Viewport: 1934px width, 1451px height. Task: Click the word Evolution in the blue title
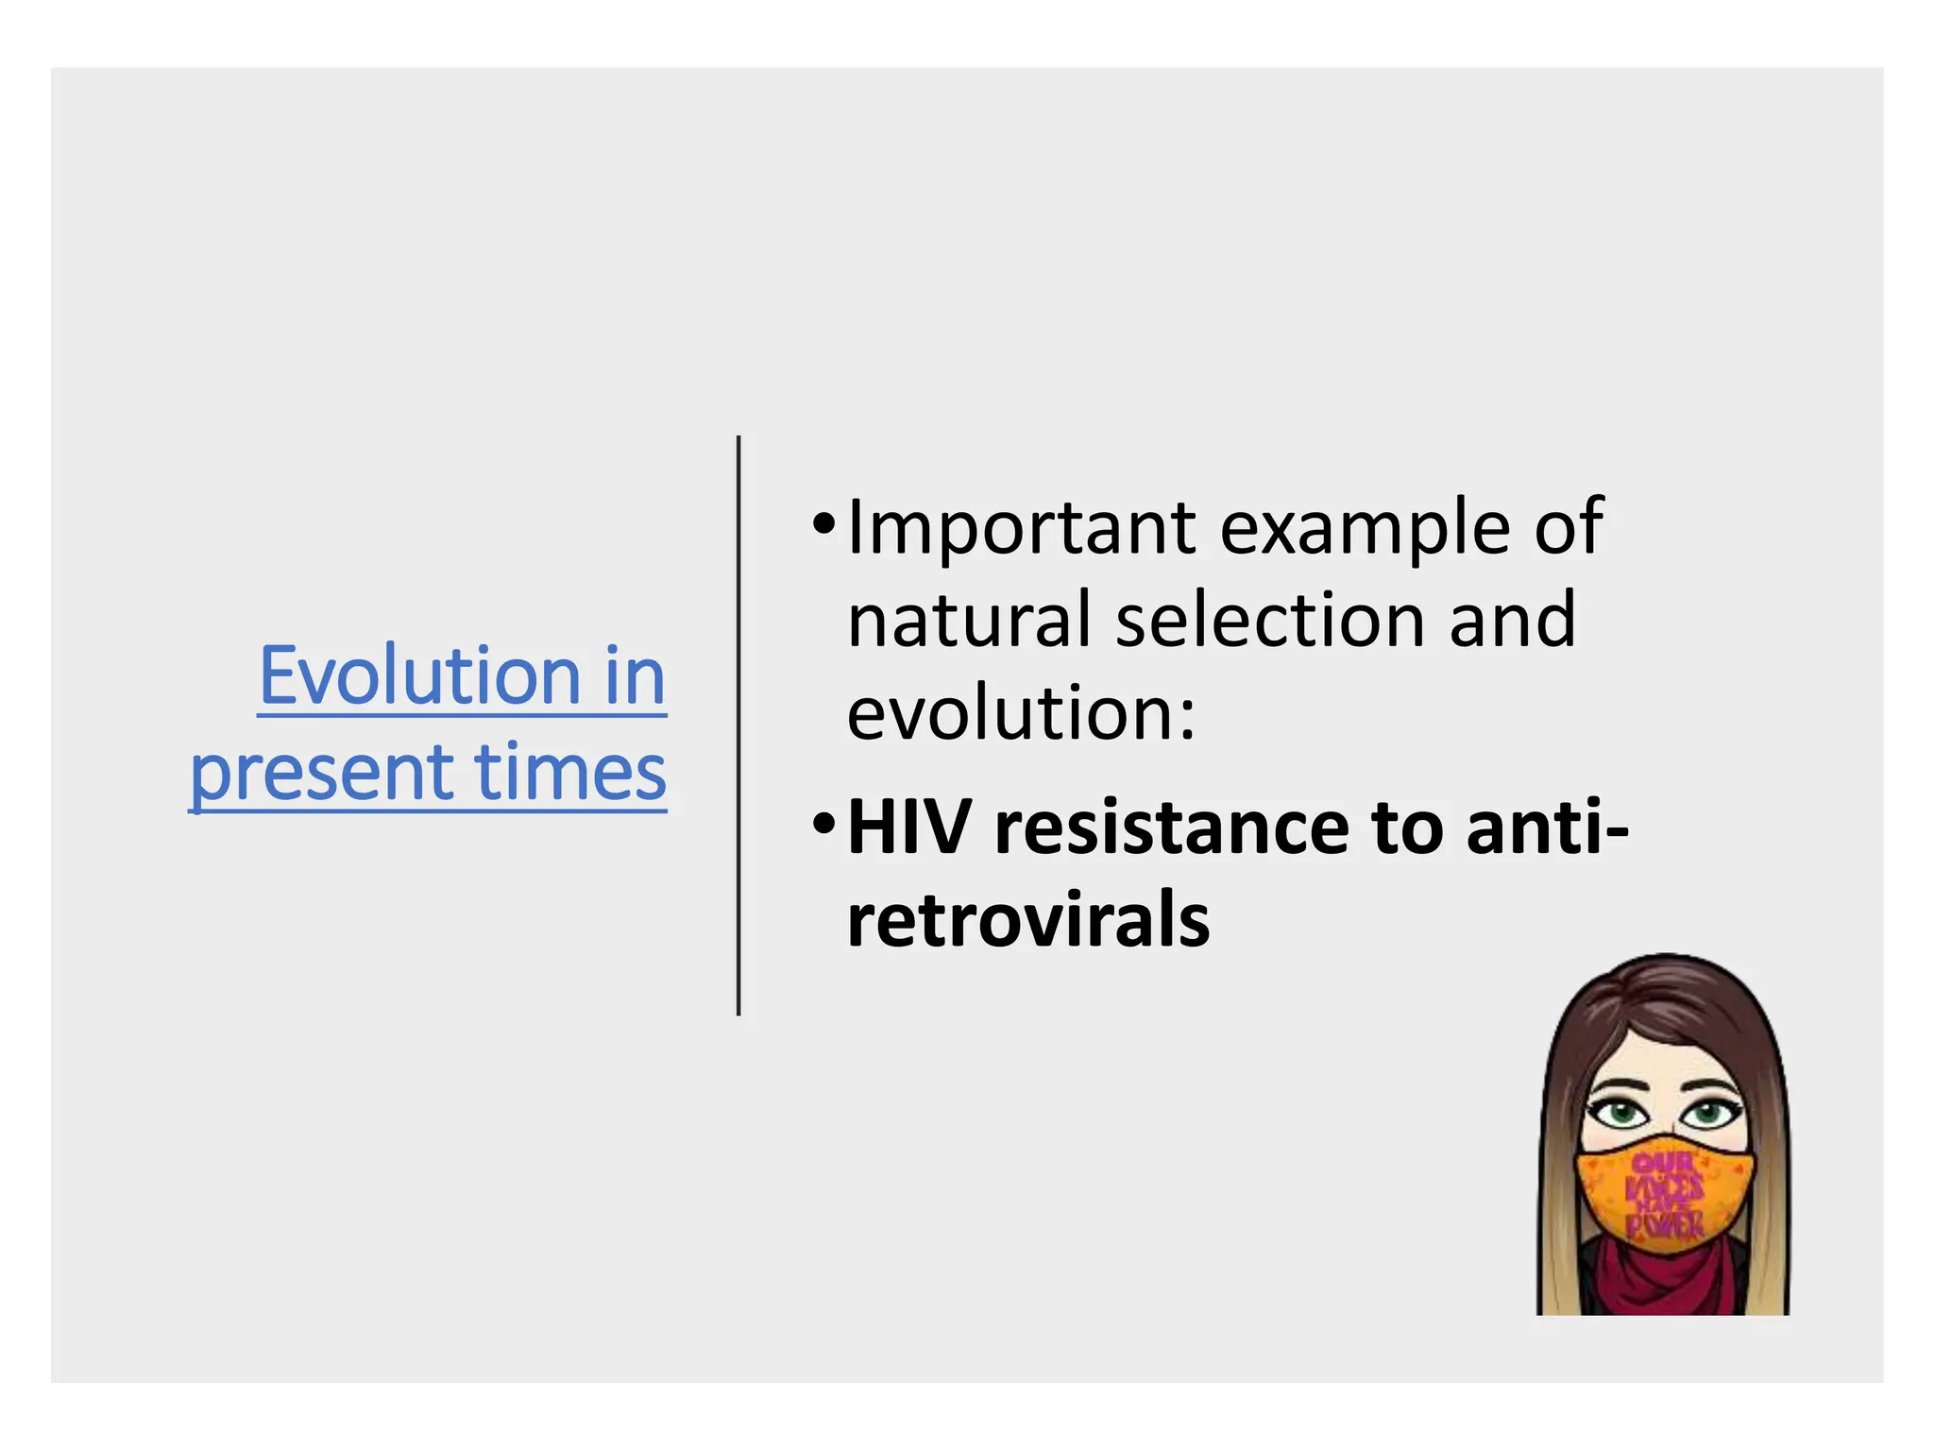(419, 676)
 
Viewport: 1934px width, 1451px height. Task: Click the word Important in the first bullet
(1022, 529)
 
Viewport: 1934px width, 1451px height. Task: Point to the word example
(1365, 529)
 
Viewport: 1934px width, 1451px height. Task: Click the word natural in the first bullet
(970, 621)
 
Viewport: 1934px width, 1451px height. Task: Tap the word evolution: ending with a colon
(1020, 713)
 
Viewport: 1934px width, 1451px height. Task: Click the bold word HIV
(909, 828)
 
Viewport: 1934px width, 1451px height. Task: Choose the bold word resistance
(1172, 828)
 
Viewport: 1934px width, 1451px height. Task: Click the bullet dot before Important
(823, 522)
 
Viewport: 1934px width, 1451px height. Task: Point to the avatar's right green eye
(1707, 1113)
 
